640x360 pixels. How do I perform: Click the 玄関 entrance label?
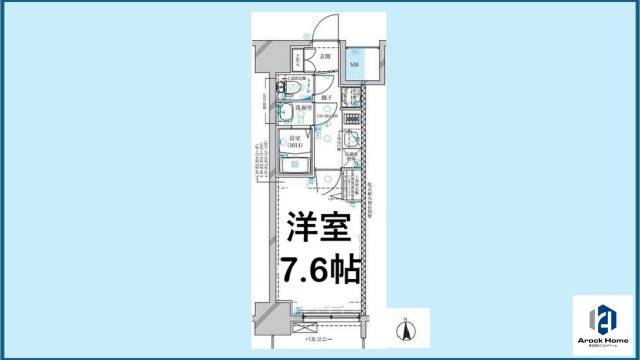[x=327, y=57]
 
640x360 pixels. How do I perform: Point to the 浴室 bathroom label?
[x=293, y=141]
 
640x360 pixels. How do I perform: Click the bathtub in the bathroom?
[x=297, y=167]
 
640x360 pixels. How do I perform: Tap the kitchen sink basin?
[x=352, y=139]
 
